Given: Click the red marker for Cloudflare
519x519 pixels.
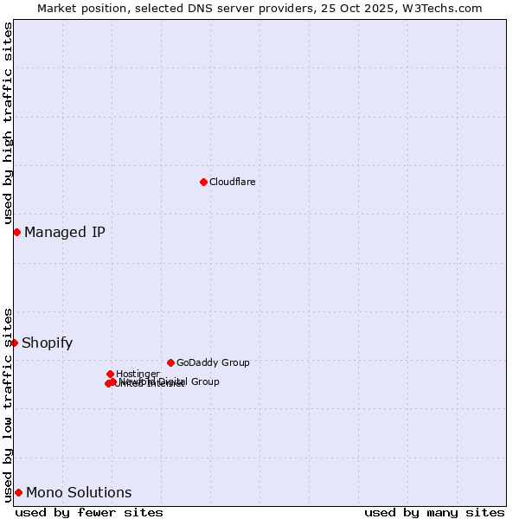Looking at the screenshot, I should pos(203,182).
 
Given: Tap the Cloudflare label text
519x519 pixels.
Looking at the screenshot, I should pos(232,182).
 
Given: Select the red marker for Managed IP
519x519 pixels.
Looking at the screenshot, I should pos(16,232).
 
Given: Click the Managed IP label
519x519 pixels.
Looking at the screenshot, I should pos(65,232).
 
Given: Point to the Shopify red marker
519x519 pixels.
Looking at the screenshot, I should pos(14,343).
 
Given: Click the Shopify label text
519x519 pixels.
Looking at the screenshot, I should pos(48,343).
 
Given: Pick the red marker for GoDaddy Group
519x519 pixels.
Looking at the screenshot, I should pos(170,362).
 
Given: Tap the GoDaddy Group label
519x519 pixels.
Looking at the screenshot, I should pos(213,362).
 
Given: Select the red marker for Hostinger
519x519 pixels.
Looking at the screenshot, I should pos(110,374).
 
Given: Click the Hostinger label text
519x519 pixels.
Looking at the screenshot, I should pos(138,374).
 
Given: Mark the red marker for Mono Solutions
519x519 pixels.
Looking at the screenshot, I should pos(18,492).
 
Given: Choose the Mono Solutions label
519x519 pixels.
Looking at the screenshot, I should pos(79,492).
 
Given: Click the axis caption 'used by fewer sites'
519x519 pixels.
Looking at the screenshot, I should pos(89,512).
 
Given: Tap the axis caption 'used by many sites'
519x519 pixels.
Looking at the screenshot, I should pos(434,512).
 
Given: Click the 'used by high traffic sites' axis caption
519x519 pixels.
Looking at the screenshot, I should pos(8,123).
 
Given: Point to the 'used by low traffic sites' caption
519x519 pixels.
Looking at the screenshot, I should pos(8,404).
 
